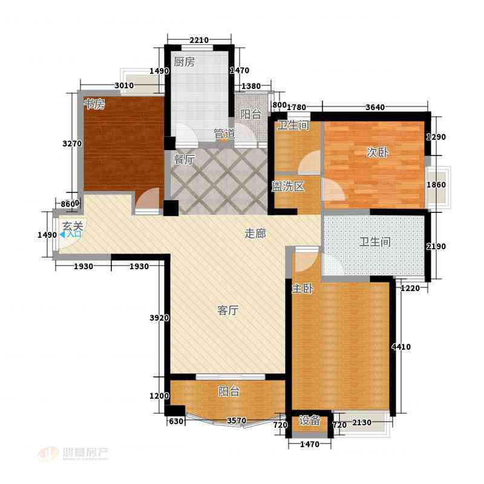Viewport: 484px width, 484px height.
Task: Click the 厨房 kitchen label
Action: point(184,62)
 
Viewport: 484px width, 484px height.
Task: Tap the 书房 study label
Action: point(94,103)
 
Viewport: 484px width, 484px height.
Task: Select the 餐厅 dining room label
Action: point(184,160)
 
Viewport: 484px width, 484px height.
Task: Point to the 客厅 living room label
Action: point(228,310)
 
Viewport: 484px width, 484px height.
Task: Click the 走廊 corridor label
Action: point(255,234)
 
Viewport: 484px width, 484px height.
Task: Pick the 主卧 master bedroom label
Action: point(302,289)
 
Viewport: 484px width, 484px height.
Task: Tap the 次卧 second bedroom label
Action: point(377,152)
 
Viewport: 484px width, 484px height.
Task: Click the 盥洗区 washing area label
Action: point(288,186)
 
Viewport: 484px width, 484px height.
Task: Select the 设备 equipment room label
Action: point(309,420)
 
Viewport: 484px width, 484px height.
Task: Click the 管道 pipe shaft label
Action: point(224,134)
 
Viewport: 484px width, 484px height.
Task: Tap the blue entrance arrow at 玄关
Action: point(62,235)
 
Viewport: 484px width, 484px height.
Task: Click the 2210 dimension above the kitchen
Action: point(199,40)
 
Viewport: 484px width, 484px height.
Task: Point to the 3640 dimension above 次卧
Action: point(375,107)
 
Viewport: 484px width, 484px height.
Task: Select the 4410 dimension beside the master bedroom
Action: point(401,347)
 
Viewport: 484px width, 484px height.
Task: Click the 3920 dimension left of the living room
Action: point(159,318)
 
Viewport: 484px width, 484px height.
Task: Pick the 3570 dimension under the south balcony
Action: point(237,420)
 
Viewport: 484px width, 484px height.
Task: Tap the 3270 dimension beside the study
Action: point(72,143)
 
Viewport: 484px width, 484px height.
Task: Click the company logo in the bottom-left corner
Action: point(73,453)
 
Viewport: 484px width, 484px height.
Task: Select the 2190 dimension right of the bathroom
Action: point(436,246)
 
